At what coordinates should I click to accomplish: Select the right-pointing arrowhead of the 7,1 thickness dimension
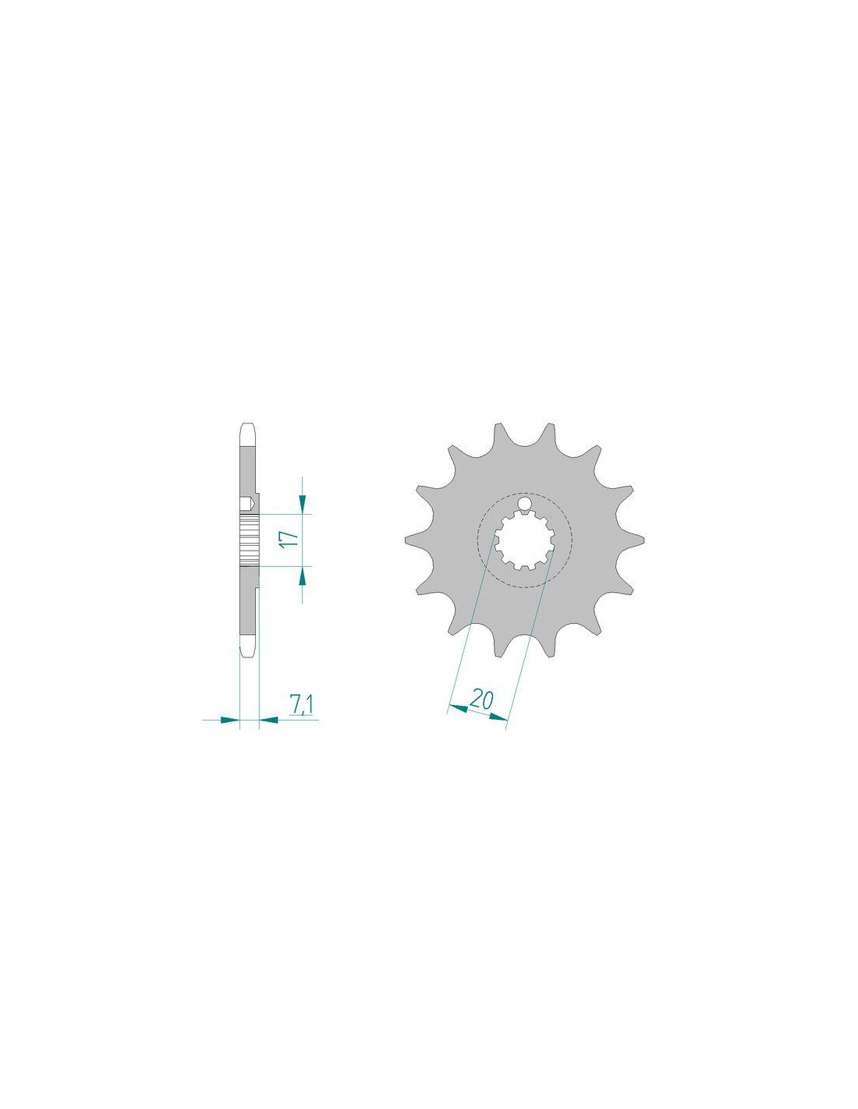[x=229, y=720]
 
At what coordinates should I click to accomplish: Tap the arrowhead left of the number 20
[x=457, y=708]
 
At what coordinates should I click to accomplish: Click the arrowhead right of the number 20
[x=498, y=717]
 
